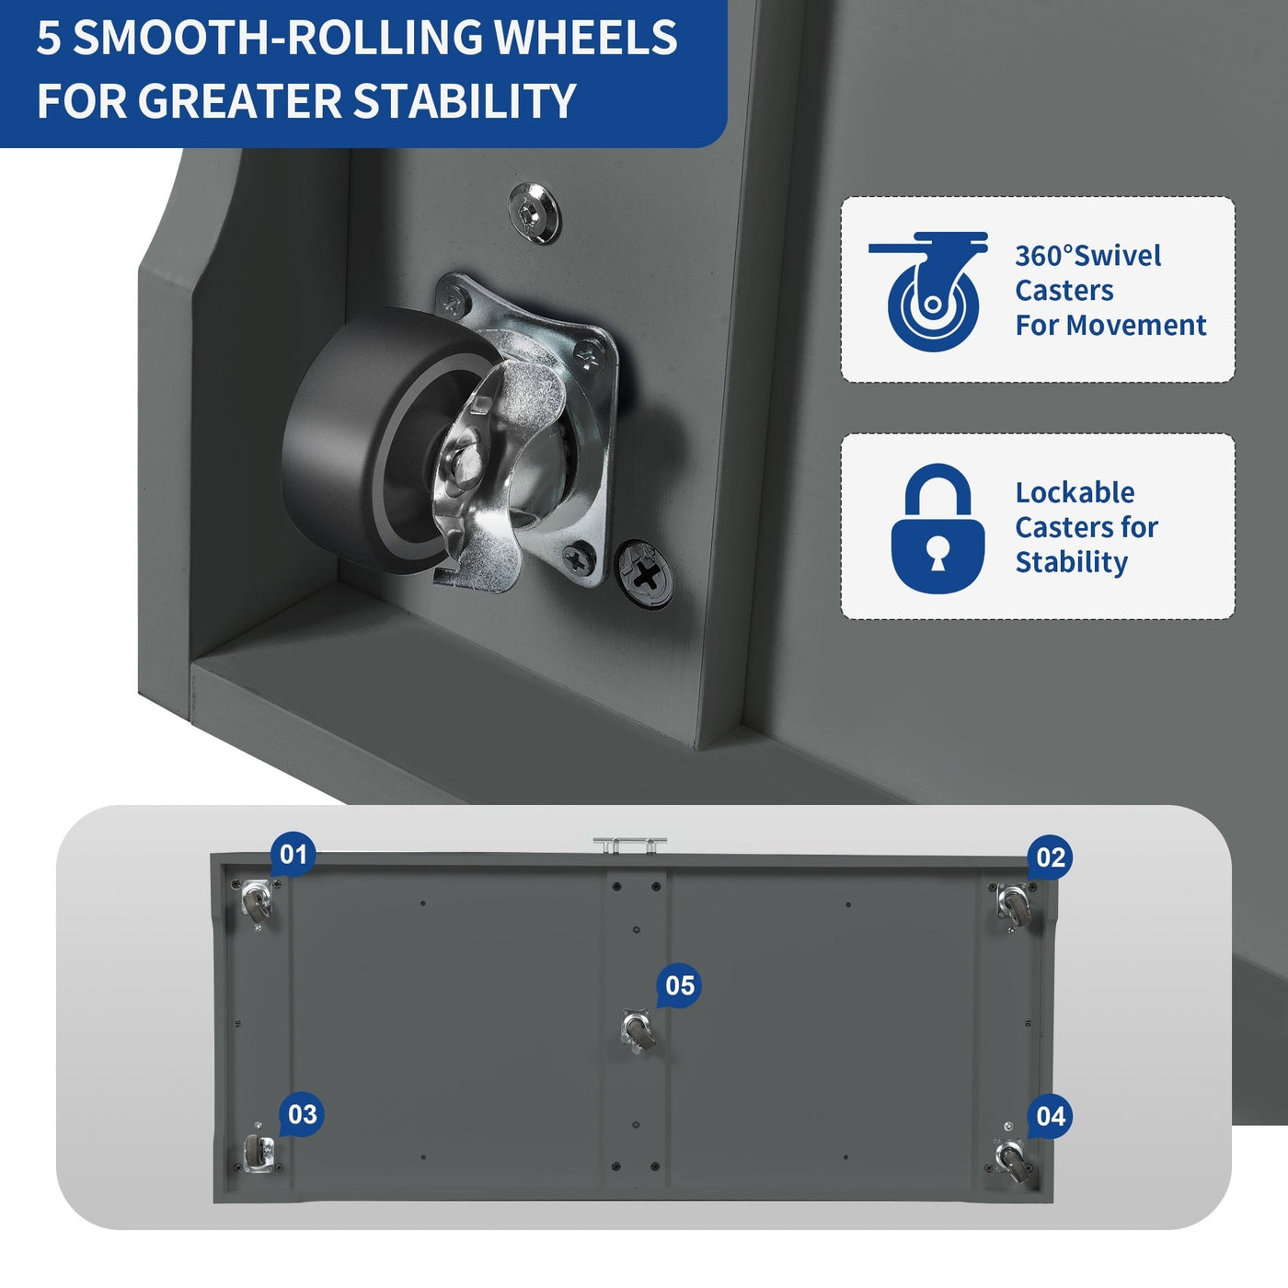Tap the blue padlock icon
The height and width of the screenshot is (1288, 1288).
[x=937, y=528]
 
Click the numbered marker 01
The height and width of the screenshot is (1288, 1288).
[x=293, y=855]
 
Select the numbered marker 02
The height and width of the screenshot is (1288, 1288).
[x=1050, y=857]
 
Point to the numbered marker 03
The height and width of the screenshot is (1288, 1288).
[x=302, y=1114]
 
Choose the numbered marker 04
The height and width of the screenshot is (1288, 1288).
[x=1050, y=1116]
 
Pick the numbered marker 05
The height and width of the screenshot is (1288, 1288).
[x=679, y=985]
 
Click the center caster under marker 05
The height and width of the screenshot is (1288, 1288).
[x=637, y=1032]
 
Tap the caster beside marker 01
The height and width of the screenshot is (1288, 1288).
[x=257, y=903]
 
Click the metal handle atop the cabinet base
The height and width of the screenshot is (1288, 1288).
[x=629, y=845]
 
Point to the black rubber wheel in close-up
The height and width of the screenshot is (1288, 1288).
[x=374, y=442]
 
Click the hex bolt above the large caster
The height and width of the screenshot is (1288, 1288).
[x=534, y=213]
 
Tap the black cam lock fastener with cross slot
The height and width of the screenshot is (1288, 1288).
[x=644, y=573]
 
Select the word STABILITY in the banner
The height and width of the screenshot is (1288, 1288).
[x=463, y=100]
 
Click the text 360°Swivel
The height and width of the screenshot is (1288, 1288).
[x=1087, y=256]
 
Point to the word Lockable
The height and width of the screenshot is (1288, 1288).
[x=1075, y=492]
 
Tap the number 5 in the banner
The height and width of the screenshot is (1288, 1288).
[x=49, y=37]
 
